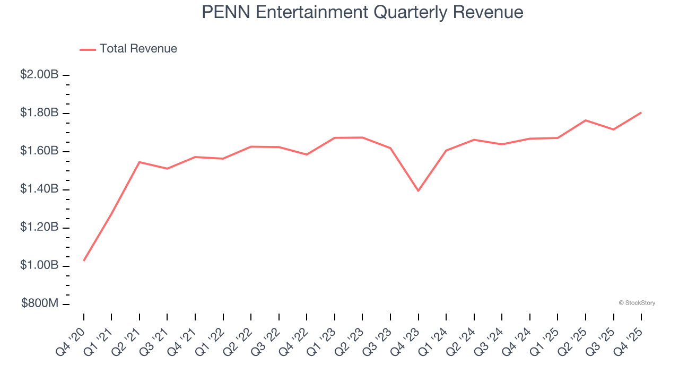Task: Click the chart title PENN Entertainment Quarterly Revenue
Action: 362,12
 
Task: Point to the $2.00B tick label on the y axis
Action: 39,75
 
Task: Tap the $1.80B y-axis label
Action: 39,113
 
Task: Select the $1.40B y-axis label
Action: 39,189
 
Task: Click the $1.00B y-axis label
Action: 39,265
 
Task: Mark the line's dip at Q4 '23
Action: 419,190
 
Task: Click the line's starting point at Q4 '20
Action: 84,261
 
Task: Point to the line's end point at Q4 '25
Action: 641,112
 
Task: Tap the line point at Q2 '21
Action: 140,162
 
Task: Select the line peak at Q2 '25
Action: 586,120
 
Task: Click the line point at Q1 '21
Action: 111,213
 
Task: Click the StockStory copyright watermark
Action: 637,303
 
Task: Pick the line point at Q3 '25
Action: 614,129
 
